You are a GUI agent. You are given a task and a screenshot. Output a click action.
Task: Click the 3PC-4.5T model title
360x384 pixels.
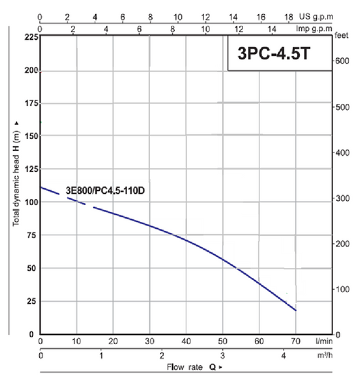[x=274, y=53]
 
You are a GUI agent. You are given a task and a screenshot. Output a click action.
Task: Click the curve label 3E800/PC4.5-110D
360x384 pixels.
[x=105, y=190]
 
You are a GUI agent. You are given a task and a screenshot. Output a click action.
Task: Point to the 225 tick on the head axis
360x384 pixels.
[x=32, y=37]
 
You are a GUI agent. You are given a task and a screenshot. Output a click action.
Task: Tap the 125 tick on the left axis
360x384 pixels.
[x=32, y=169]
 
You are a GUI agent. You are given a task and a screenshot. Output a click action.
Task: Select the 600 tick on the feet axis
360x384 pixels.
[x=342, y=61]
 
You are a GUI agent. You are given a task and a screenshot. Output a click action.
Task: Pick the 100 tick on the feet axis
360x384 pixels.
[x=342, y=290]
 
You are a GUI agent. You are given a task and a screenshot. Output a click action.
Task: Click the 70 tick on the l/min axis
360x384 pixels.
[x=296, y=341]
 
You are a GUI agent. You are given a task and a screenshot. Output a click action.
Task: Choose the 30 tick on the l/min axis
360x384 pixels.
[x=149, y=341]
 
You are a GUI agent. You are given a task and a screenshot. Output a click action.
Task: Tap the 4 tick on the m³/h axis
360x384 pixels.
[x=283, y=356]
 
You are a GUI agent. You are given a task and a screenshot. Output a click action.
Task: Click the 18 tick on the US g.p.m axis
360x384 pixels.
[x=289, y=17]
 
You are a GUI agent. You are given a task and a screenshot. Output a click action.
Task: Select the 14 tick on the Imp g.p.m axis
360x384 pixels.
[x=272, y=29]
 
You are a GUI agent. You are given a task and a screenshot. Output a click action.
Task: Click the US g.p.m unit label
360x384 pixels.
[x=316, y=17]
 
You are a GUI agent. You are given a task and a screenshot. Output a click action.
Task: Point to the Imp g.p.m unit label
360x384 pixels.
[x=314, y=28]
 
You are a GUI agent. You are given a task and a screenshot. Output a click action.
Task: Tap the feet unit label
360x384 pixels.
[x=342, y=36]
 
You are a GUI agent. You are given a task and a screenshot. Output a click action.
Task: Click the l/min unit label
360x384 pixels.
[x=324, y=341]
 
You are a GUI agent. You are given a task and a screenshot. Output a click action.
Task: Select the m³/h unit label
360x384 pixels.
[x=325, y=355]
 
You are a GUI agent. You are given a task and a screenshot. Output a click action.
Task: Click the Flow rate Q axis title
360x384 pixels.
[x=195, y=367]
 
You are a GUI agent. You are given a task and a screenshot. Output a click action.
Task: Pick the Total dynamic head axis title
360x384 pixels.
[x=16, y=174]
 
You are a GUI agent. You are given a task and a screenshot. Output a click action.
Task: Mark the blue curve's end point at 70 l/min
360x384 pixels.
[x=296, y=310]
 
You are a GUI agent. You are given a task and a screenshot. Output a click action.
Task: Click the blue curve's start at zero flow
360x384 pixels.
[x=41, y=188]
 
